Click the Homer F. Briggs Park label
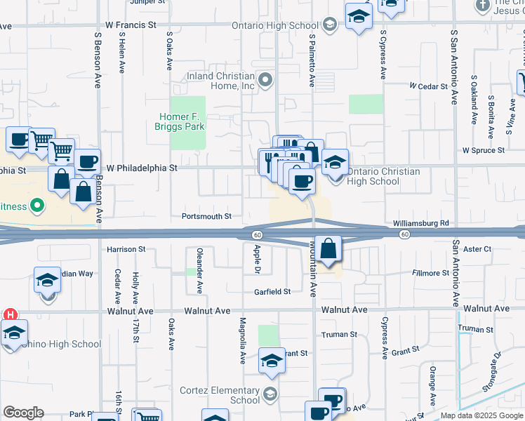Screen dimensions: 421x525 (x=180, y=121)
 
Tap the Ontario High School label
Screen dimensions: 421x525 (x=276, y=26)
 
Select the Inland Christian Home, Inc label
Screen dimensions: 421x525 (x=220, y=81)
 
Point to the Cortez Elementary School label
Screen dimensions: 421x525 (x=220, y=395)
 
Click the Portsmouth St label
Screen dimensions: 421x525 (x=206, y=217)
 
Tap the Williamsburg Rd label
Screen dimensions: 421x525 (x=421, y=223)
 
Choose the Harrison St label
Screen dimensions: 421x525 (x=126, y=249)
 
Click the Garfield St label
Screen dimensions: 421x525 (x=272, y=292)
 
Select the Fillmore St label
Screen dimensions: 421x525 (x=430, y=273)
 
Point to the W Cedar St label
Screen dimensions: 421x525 (x=429, y=86)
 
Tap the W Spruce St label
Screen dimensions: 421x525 (x=483, y=151)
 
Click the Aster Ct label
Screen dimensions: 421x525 (x=477, y=249)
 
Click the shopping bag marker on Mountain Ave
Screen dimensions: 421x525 (x=328, y=248)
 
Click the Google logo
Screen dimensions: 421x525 (x=23, y=413)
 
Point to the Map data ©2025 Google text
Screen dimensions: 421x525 (x=481, y=415)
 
